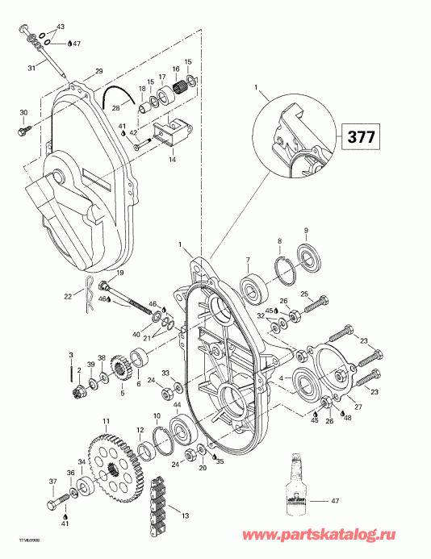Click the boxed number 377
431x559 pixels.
tap(360, 136)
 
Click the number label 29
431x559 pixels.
tap(99, 72)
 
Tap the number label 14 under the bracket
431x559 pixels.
tap(172, 160)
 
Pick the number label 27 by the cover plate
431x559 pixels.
tap(358, 407)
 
